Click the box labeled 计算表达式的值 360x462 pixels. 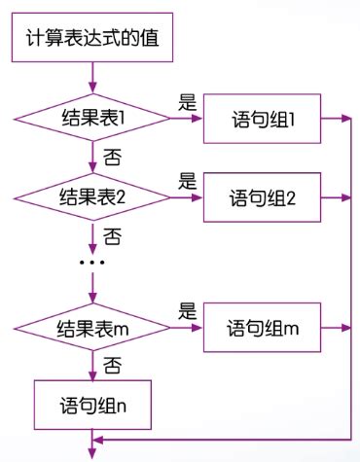pyautogui.click(x=92, y=40)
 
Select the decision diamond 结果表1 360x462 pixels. pyautogui.click(x=92, y=119)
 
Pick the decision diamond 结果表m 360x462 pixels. pyautogui.click(x=92, y=329)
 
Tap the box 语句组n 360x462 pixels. pyautogui.click(x=92, y=405)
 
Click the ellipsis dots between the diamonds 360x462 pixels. pyautogui.click(x=91, y=264)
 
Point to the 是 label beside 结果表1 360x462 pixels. pyautogui.click(x=188, y=101)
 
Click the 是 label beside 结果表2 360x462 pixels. pyautogui.click(x=188, y=180)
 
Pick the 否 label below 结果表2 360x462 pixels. pyautogui.click(x=113, y=235)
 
